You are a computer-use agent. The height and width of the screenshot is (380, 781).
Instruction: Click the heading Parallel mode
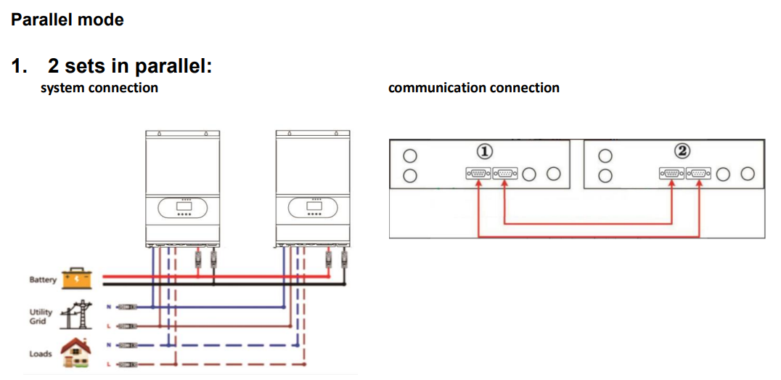[x=68, y=20]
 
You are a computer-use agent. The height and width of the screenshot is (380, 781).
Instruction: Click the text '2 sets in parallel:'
[x=130, y=66]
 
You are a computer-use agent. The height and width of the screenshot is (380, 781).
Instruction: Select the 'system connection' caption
[x=99, y=88]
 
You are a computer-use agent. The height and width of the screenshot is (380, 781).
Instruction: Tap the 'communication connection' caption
[x=473, y=88]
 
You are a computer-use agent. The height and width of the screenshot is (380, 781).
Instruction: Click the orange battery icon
[x=77, y=278]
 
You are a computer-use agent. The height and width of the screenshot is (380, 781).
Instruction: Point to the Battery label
[x=43, y=280]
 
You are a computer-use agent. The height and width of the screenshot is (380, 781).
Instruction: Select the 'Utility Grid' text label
[x=41, y=316]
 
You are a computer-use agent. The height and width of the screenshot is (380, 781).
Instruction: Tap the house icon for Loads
[x=77, y=352]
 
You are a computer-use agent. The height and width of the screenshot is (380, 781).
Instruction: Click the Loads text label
[x=41, y=354]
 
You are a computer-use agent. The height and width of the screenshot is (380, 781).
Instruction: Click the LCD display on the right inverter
[x=314, y=209]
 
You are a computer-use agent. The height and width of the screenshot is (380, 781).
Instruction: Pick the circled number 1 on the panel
[x=485, y=151]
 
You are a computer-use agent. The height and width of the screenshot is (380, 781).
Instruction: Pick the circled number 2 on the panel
[x=682, y=151]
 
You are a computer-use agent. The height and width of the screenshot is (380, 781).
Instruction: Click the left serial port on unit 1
[x=478, y=174]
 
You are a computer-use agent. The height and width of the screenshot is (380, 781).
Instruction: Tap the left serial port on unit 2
[x=672, y=174]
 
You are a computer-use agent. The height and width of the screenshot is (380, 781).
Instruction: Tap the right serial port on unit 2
[x=699, y=174]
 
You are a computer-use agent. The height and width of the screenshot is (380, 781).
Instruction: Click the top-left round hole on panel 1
[x=409, y=155]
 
